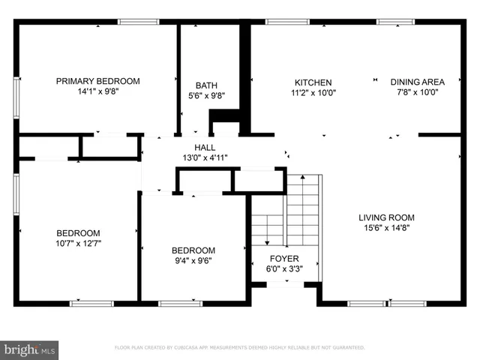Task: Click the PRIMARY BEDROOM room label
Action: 98,81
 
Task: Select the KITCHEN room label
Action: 313,82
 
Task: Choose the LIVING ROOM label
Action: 386,217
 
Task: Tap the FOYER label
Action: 284,259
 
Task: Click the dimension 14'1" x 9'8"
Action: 98,91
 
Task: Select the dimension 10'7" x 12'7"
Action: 79,243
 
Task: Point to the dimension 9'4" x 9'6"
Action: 193,261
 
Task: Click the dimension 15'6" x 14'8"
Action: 386,228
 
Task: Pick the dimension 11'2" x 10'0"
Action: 313,93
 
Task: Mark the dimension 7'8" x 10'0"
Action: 418,92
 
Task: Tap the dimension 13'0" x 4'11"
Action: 205,157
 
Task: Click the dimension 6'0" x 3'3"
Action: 284,269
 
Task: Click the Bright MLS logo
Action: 30,349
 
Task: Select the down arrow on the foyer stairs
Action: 266,241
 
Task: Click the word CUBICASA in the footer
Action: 194,348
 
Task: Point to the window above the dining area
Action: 396,22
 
